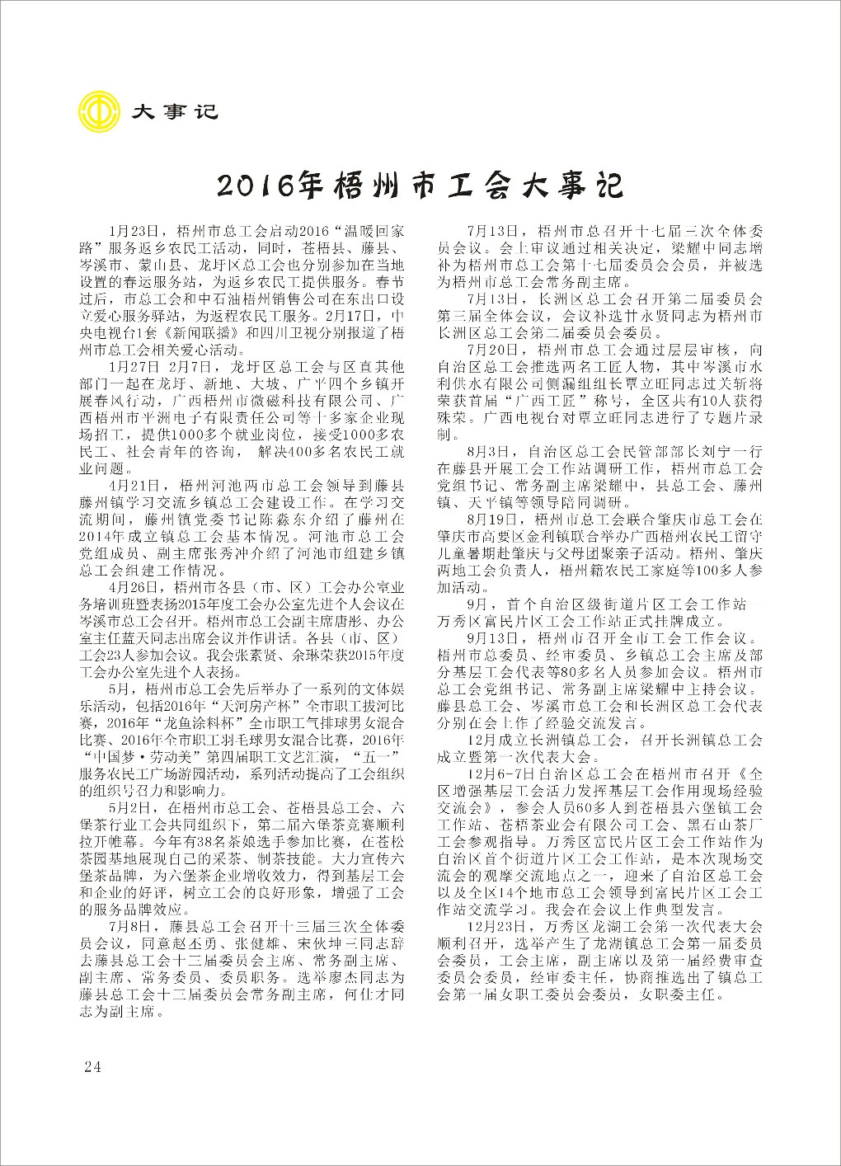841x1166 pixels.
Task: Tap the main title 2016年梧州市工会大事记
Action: [421, 186]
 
